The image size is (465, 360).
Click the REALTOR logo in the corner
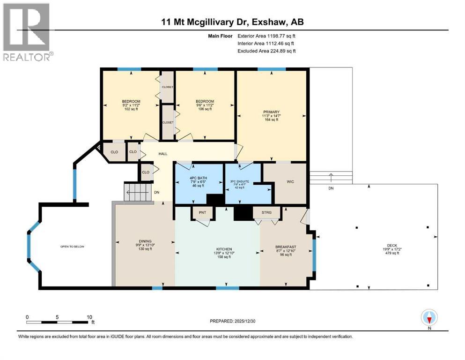(x=27, y=32)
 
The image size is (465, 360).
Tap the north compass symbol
(x=429, y=318)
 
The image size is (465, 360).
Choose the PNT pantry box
(x=202, y=213)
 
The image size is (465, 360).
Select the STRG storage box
(x=266, y=213)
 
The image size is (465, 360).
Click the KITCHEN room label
(x=224, y=249)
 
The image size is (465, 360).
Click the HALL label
(x=162, y=153)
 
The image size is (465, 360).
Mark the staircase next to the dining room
(x=138, y=192)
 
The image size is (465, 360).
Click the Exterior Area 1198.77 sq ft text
(x=266, y=36)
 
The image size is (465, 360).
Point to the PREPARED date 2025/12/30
(x=232, y=321)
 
